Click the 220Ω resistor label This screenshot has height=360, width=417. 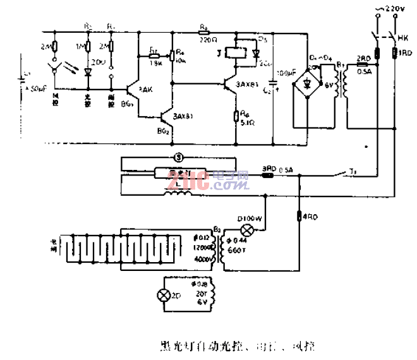tap(206, 38)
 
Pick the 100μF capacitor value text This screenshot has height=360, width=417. tap(286, 74)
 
